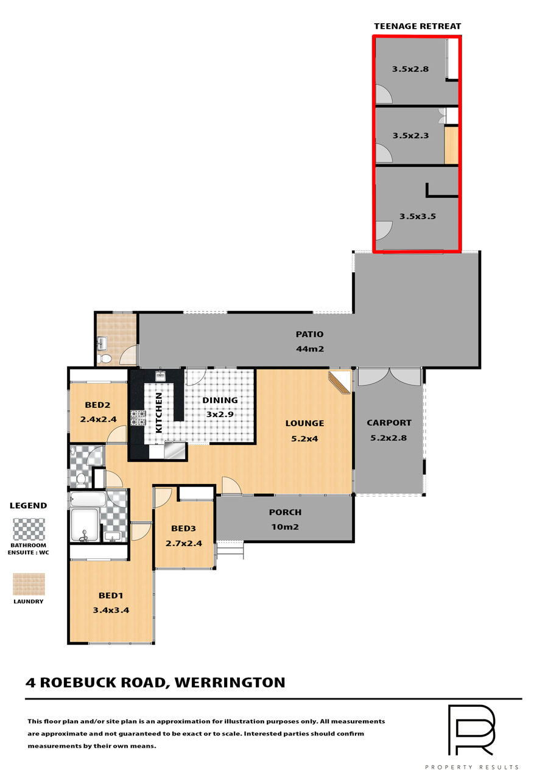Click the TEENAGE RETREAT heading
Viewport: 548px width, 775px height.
pos(417,26)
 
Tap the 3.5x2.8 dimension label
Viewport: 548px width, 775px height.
pos(410,69)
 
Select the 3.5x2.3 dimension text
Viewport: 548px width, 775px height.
pos(410,135)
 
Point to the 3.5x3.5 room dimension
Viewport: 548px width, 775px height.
pos(418,216)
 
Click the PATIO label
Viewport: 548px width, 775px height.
pos(310,334)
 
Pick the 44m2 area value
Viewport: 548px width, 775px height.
pos(310,349)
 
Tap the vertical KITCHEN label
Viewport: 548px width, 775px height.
pos(159,412)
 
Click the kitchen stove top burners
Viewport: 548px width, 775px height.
pos(138,418)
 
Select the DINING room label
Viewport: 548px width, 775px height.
pos(220,401)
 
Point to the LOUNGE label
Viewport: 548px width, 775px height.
pos(305,423)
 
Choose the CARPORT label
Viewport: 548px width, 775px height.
pos(389,423)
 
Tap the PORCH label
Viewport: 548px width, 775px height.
pos(286,512)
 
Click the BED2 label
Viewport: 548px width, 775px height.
pos(97,405)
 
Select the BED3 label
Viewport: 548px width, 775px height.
pos(183,528)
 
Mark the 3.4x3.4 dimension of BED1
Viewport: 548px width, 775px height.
pos(111,610)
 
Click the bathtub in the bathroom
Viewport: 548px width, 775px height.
pos(88,499)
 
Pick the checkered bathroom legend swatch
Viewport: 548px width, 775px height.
pos(29,529)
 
